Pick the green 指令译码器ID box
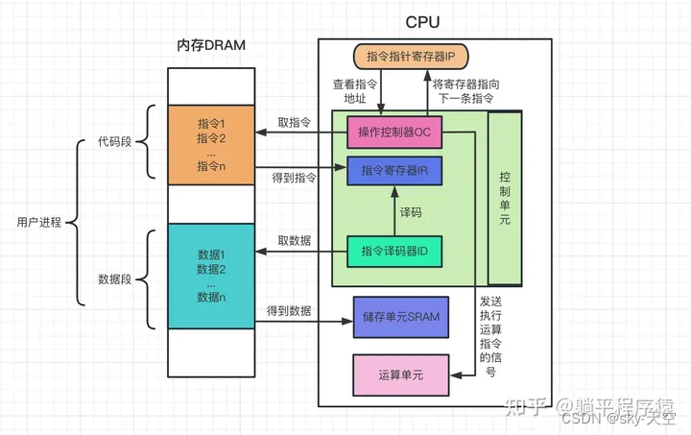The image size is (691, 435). pyautogui.click(x=393, y=251)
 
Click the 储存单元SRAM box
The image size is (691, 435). pyautogui.click(x=401, y=316)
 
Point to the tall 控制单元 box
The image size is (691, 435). pyautogui.click(x=505, y=199)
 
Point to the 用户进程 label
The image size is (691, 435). pyautogui.click(x=39, y=223)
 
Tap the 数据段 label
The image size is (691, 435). pyautogui.click(x=115, y=279)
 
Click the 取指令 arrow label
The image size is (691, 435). pyautogui.click(x=294, y=123)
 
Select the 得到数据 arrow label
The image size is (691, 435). pyautogui.click(x=290, y=311)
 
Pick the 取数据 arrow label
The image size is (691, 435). pyautogui.click(x=294, y=240)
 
